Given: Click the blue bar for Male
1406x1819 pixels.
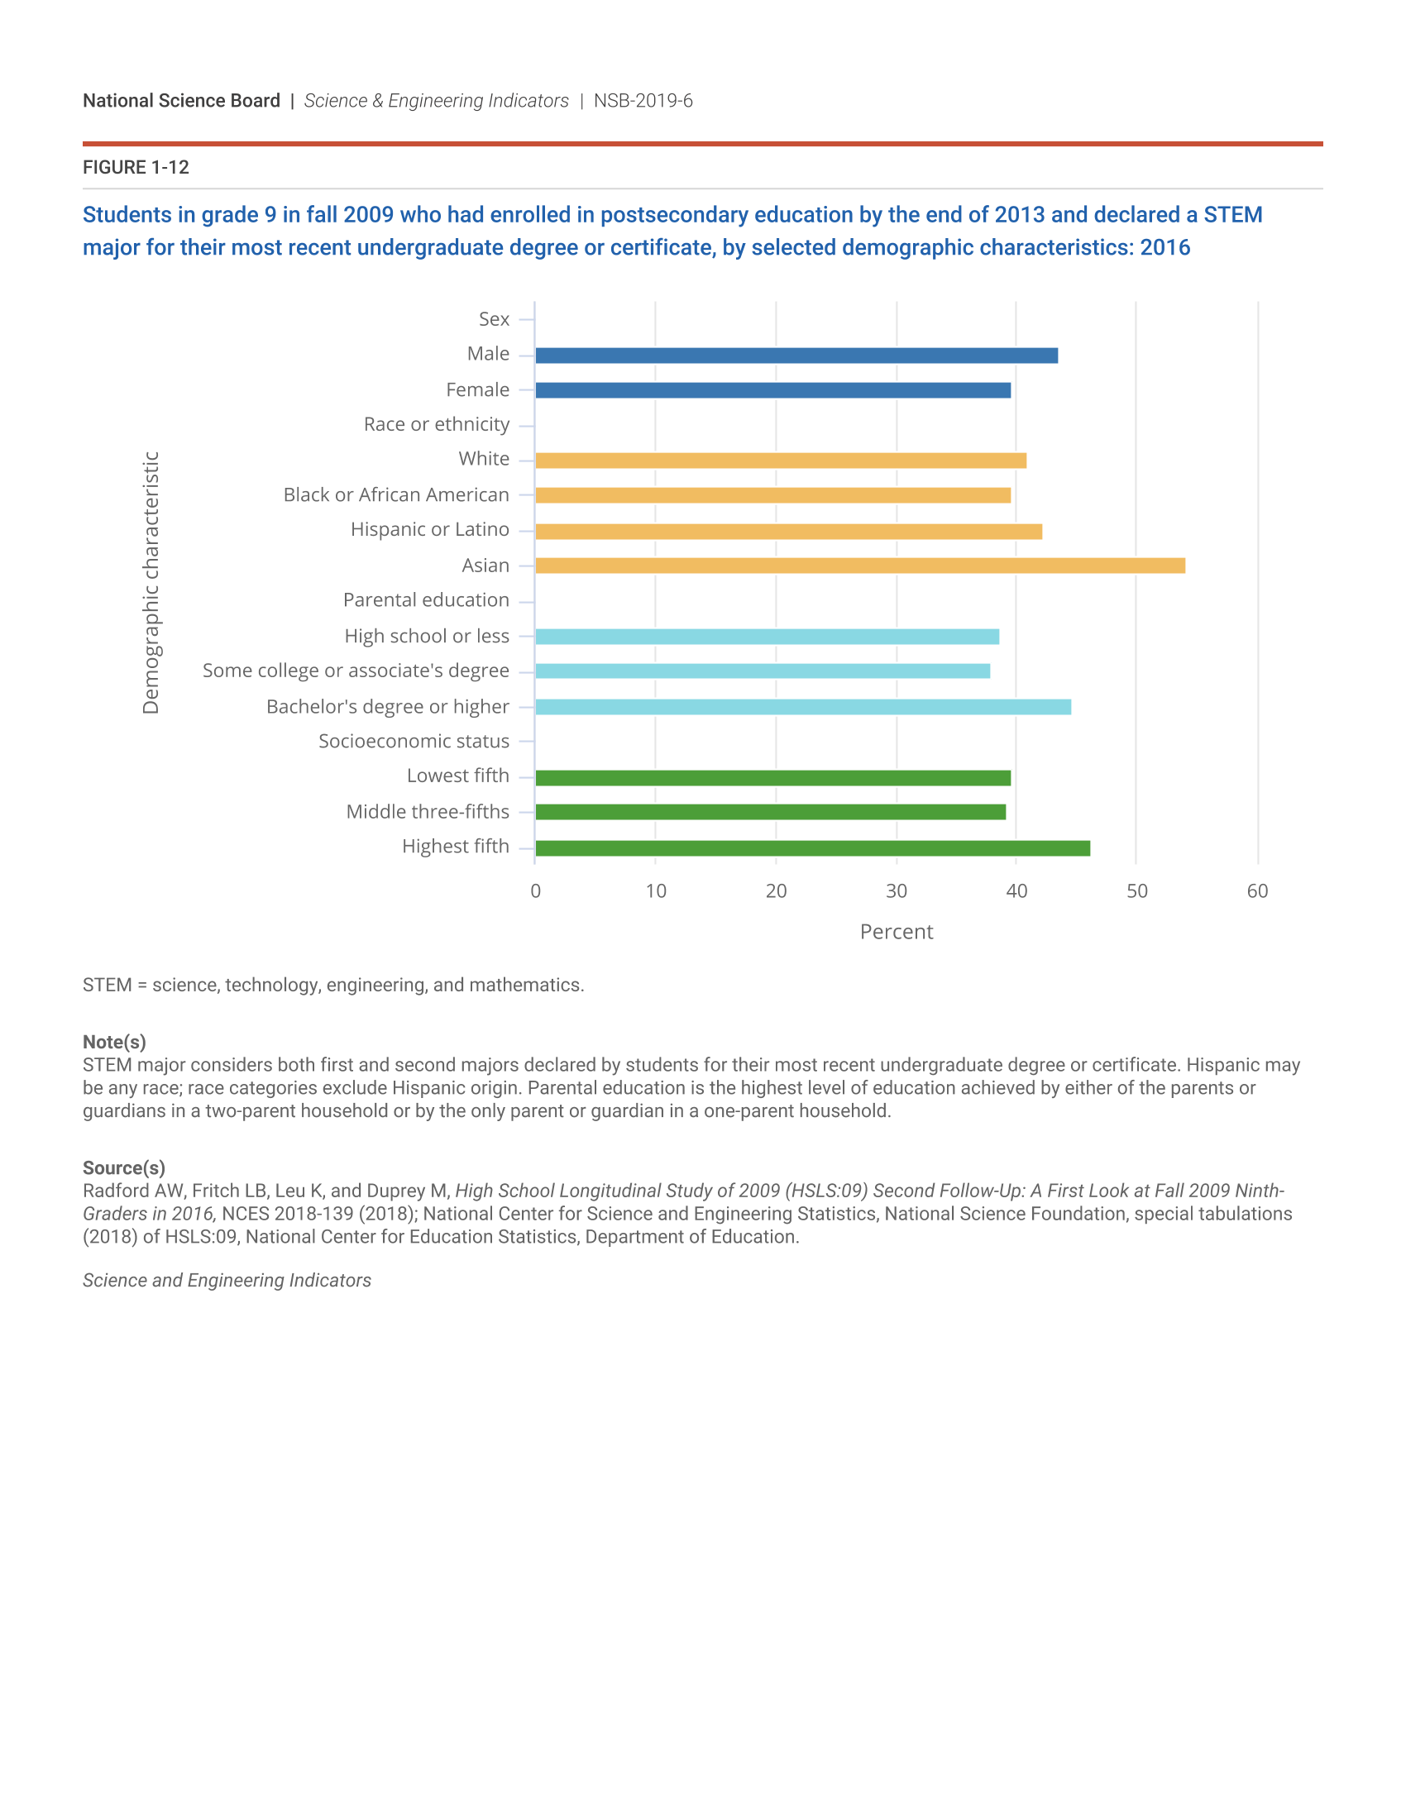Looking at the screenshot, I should coord(796,356).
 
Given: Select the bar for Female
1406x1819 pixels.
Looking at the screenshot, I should coord(772,390).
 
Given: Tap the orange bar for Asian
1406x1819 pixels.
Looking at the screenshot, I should coord(859,566).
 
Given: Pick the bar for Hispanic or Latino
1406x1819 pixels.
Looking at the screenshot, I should coord(788,532).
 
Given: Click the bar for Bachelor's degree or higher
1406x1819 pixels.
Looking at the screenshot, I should coord(802,707).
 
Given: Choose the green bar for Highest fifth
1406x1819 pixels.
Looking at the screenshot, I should coord(812,848).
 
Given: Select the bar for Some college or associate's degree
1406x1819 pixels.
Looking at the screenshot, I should coord(763,671).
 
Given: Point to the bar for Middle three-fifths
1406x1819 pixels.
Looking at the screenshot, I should coord(770,812).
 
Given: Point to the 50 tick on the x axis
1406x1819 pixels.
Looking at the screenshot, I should coord(1136,891).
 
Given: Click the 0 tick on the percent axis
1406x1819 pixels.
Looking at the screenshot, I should coord(536,891).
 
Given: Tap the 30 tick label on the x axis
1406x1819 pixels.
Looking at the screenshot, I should coord(897,891).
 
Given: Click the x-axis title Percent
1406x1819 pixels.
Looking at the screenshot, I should coord(897,932).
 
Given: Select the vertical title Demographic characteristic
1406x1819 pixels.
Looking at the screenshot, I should coord(151,583).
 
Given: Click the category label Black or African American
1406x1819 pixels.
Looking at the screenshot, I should coord(395,494).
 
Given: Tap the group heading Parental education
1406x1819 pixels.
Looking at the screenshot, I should coord(426,600).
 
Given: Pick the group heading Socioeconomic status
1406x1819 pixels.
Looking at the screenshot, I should coord(414,742).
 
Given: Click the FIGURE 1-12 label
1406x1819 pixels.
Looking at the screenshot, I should coord(136,167).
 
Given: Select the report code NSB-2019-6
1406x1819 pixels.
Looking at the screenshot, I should coord(643,101).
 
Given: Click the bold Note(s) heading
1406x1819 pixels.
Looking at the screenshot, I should coord(114,1042).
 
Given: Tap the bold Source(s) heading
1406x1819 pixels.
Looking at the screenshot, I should coord(123,1167).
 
